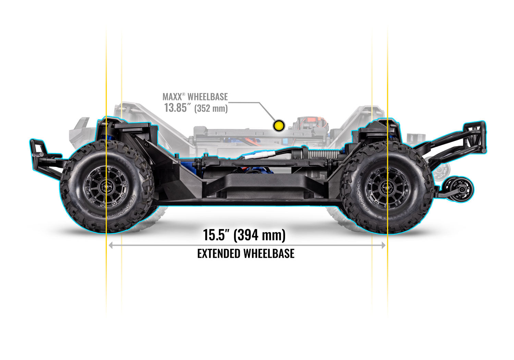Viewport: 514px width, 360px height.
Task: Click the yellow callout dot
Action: [x=279, y=125]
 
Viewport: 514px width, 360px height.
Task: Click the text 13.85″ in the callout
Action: [x=177, y=108]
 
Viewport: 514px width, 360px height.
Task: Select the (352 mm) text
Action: [x=211, y=109]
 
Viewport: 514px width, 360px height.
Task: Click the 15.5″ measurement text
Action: [x=216, y=235]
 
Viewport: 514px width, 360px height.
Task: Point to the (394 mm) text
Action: [x=260, y=235]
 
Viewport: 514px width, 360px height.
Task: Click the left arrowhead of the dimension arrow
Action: [x=111, y=245]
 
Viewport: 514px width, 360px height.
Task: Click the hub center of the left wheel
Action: [x=107, y=187]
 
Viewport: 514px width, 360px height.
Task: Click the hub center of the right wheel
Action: [x=388, y=187]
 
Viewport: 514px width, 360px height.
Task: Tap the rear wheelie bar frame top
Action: [x=475, y=125]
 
